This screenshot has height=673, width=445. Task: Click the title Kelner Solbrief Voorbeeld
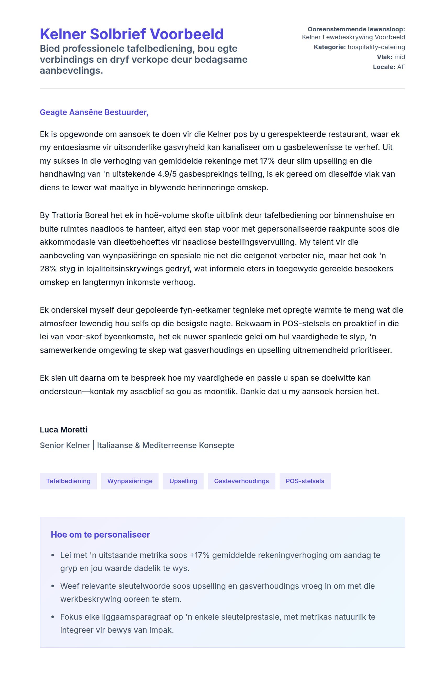(x=131, y=34)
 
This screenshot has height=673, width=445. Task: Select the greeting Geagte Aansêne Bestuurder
(x=94, y=112)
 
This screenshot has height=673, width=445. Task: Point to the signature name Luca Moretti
(x=63, y=430)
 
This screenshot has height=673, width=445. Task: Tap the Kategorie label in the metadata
(x=330, y=47)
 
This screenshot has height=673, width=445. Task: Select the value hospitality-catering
(x=376, y=47)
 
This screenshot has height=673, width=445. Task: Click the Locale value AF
(x=401, y=67)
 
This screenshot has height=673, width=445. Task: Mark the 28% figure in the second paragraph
(x=48, y=269)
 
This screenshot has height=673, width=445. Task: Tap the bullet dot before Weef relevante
(x=53, y=586)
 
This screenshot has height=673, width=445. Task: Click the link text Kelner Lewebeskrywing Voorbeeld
(x=353, y=37)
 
